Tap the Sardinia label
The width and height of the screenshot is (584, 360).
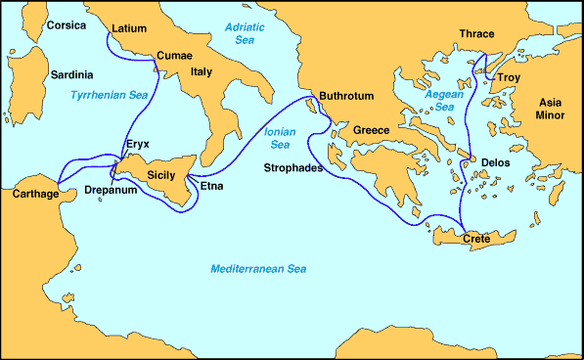click(71, 73)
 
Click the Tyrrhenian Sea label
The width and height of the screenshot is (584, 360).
click(109, 95)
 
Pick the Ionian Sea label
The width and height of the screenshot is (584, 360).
click(282, 139)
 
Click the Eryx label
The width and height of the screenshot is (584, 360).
click(138, 144)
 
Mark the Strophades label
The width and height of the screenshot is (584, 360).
click(297, 167)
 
